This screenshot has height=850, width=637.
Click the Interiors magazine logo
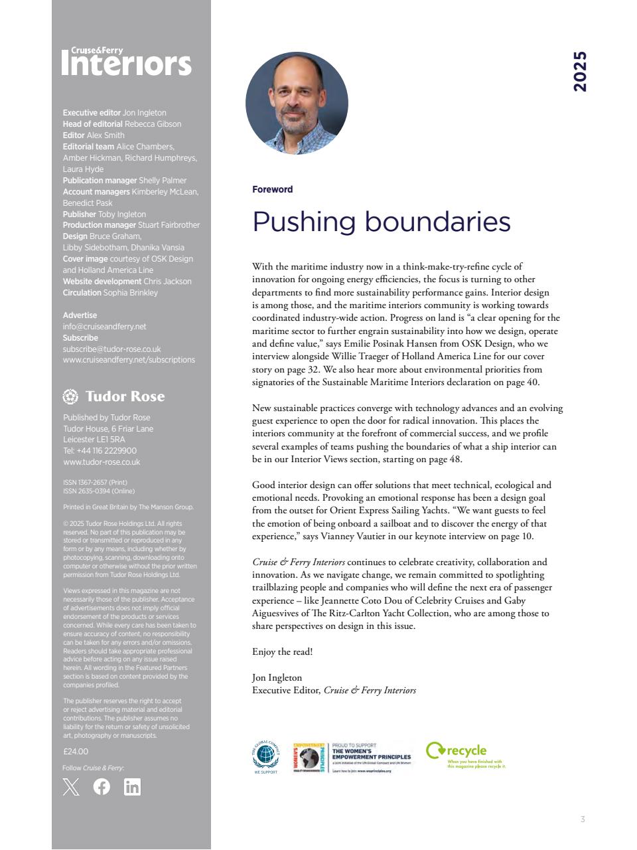(126, 62)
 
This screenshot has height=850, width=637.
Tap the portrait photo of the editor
(297, 104)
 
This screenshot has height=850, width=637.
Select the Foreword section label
(272, 189)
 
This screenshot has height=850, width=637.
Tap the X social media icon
(71, 787)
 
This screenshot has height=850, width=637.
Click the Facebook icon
(102, 787)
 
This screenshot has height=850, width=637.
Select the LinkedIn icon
(132, 787)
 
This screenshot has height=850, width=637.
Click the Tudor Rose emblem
(70, 396)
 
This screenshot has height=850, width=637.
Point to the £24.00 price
(76, 752)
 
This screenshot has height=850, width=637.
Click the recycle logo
(465, 754)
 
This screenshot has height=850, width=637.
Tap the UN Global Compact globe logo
(265, 756)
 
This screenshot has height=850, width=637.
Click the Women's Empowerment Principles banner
(353, 758)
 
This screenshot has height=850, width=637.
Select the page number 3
(583, 819)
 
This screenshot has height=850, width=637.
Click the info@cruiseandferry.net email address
(104, 327)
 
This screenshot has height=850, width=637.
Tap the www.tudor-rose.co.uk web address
(102, 462)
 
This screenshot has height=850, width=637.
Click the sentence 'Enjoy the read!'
(282, 652)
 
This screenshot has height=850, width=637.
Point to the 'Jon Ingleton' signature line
(277, 678)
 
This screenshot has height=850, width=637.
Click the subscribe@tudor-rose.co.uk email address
(111, 349)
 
